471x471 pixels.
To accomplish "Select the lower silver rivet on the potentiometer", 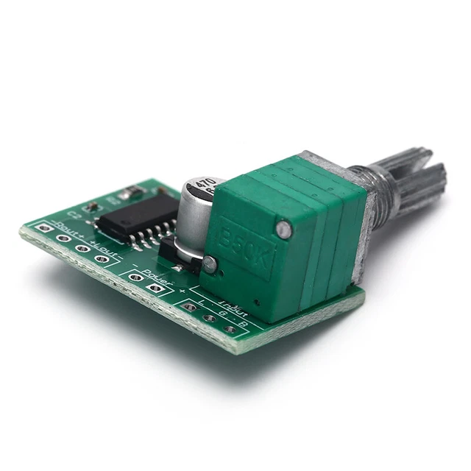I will (210, 263).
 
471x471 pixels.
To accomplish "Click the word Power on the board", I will (157, 277).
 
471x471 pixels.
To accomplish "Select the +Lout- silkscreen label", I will (103, 245).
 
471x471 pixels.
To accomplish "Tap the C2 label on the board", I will (74, 214).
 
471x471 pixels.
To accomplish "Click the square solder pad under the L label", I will (190, 307).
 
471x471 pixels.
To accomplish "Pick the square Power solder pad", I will (135, 277).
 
